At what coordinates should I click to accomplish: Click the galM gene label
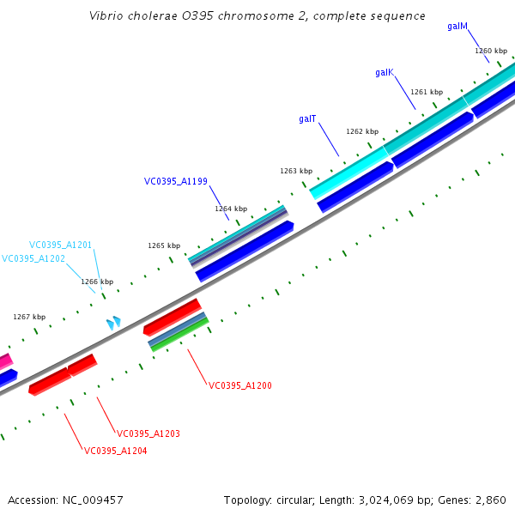(x=457, y=27)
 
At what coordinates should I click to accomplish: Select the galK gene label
(x=384, y=73)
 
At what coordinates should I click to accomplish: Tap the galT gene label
(x=308, y=118)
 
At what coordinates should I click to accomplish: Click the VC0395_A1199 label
(x=176, y=181)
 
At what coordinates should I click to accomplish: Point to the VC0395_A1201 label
(x=60, y=245)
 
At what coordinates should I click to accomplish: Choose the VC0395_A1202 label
(x=33, y=258)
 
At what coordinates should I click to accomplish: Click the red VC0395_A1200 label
(x=240, y=385)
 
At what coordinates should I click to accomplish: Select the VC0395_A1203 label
(x=148, y=433)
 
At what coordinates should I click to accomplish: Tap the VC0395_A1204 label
(x=116, y=451)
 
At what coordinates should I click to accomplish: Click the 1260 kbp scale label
(x=491, y=51)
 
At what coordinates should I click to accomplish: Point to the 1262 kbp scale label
(x=362, y=131)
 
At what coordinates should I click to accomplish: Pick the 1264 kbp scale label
(x=231, y=209)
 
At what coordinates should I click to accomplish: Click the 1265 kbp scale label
(x=164, y=245)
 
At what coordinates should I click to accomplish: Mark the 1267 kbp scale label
(x=29, y=317)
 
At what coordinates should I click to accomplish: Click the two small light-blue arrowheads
(x=113, y=323)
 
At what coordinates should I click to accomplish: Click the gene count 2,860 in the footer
(x=491, y=500)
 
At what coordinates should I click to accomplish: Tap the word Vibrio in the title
(x=106, y=16)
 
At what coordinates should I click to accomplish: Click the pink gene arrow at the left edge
(x=5, y=361)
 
